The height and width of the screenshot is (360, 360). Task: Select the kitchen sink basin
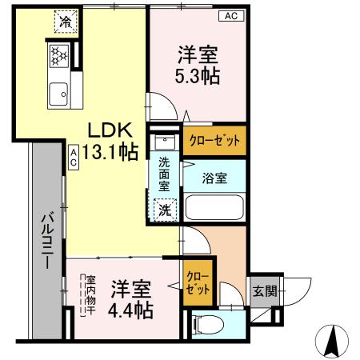pos(58,95)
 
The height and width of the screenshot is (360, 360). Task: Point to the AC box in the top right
pos(230,16)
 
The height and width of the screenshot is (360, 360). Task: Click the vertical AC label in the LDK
pos(73,156)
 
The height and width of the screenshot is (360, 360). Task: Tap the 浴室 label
pos(214,178)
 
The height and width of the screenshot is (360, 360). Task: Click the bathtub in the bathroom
pos(214,207)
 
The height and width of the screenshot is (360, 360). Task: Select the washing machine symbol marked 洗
pos(164,210)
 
